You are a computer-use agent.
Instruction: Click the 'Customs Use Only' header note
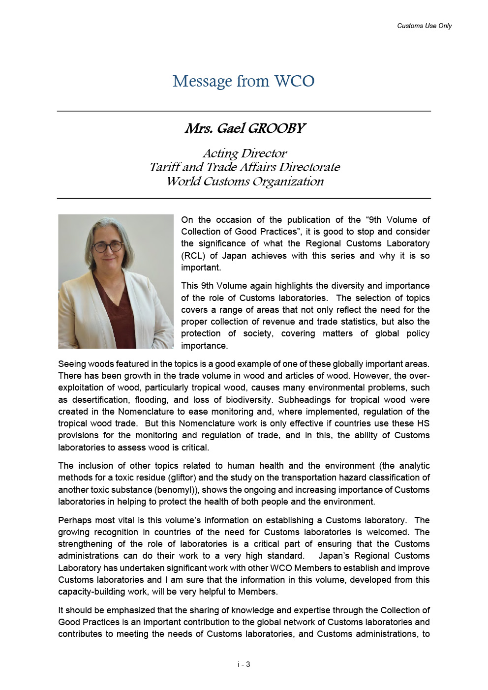click(424, 26)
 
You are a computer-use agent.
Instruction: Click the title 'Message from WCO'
click(244, 81)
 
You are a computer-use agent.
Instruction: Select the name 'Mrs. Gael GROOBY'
click(244, 128)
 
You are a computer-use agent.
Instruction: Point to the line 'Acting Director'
click(244, 153)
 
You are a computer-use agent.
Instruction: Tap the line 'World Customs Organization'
click(244, 181)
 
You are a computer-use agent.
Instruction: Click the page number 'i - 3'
click(244, 664)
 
